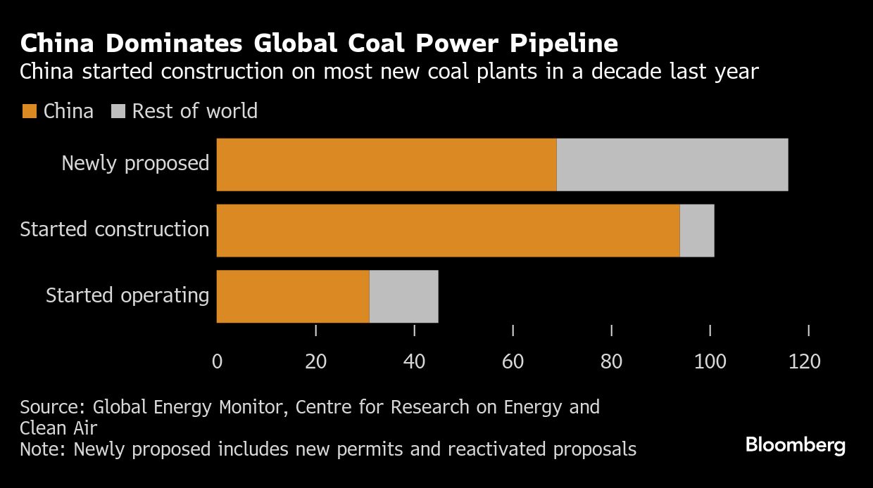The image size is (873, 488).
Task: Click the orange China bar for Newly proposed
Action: click(x=387, y=165)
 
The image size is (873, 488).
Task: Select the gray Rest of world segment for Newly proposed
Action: click(x=672, y=165)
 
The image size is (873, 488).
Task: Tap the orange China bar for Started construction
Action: click(x=448, y=231)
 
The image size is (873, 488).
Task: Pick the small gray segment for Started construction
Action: click(x=697, y=231)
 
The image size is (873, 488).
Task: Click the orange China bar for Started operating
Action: click(x=293, y=296)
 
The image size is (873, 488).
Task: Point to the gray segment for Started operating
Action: click(x=404, y=296)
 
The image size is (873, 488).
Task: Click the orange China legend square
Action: click(x=29, y=112)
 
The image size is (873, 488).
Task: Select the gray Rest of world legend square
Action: click(x=118, y=112)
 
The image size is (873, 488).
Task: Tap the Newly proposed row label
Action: click(x=135, y=163)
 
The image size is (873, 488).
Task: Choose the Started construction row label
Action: click(x=115, y=229)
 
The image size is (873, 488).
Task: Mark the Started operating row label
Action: click(x=127, y=295)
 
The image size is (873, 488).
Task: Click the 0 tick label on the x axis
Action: click(x=217, y=361)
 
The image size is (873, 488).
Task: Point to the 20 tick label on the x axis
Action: click(x=315, y=361)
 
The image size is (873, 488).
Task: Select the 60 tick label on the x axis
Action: click(x=513, y=361)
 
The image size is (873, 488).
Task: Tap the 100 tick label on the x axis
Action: click(x=710, y=361)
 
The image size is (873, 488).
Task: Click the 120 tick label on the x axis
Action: click(x=805, y=361)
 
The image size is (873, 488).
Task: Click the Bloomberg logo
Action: click(x=796, y=445)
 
